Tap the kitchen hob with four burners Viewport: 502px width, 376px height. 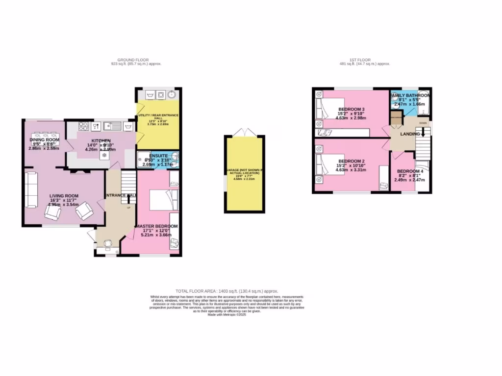coord(82,127)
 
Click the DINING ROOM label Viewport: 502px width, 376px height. coord(44,140)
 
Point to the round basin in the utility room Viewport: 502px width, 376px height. coord(172,94)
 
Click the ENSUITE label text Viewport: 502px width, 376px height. coord(158,155)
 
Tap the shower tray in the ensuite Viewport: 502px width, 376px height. coord(144,160)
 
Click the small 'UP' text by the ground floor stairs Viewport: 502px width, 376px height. coord(129,208)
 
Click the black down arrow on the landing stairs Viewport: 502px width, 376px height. coord(423,131)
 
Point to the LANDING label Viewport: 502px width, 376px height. coord(409,134)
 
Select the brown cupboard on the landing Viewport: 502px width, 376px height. coord(396,118)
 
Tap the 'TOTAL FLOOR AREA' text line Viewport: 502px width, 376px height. coord(230,291)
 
